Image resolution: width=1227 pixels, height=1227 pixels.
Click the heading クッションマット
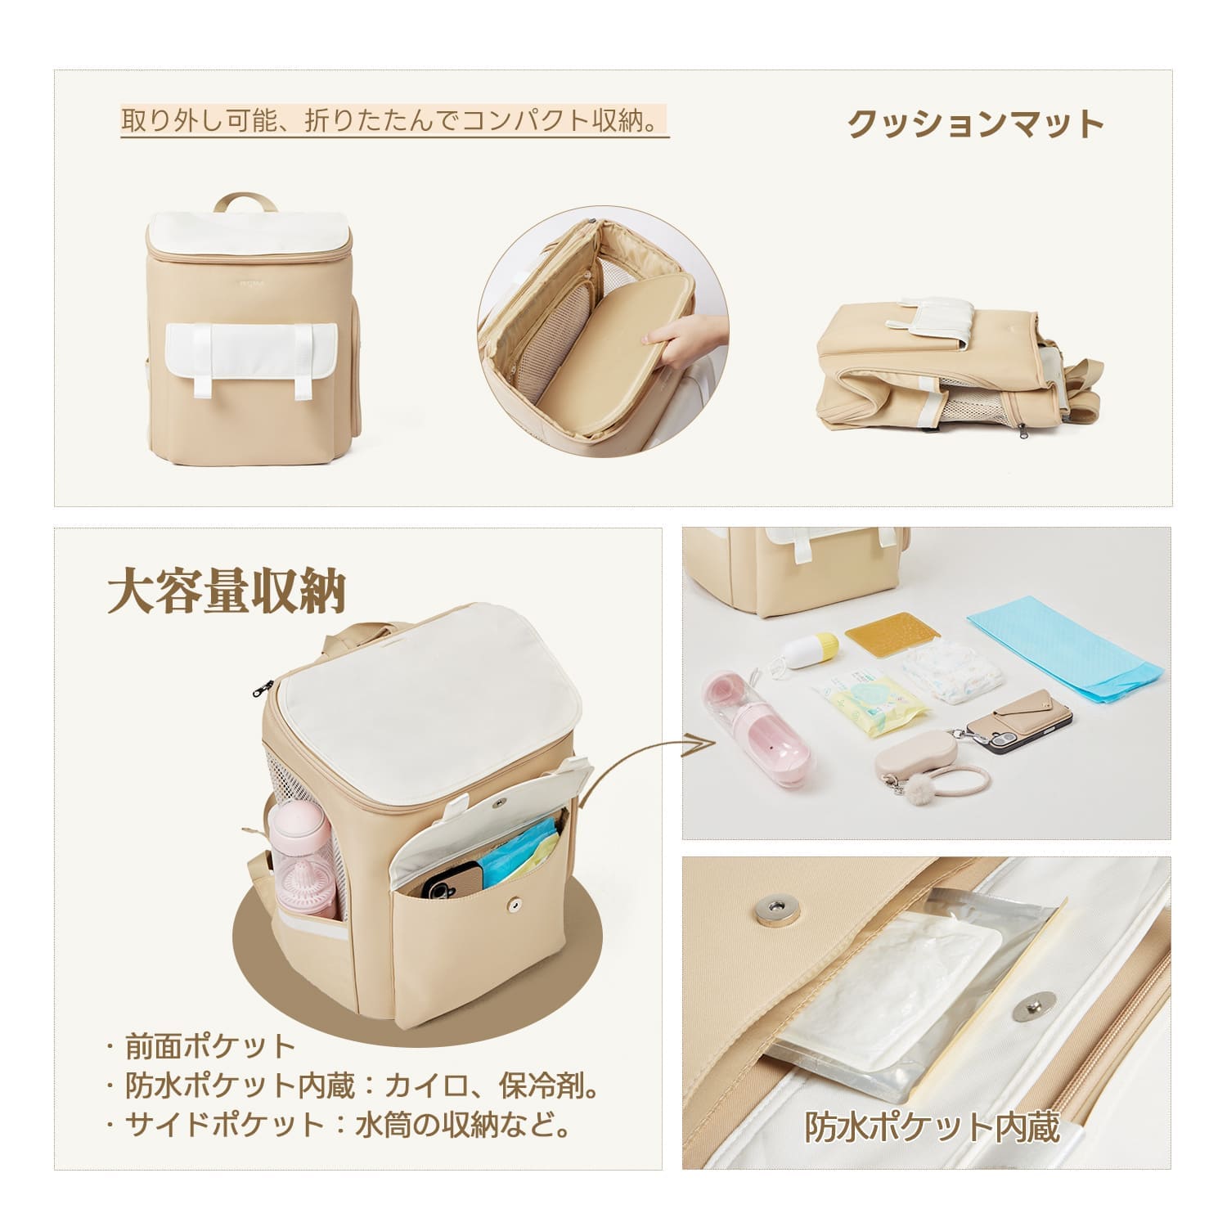(976, 124)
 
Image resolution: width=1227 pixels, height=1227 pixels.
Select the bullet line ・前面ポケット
(201, 1046)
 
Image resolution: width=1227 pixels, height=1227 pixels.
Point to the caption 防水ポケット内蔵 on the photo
(933, 1126)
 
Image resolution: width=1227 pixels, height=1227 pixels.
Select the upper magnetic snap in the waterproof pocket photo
(770, 906)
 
